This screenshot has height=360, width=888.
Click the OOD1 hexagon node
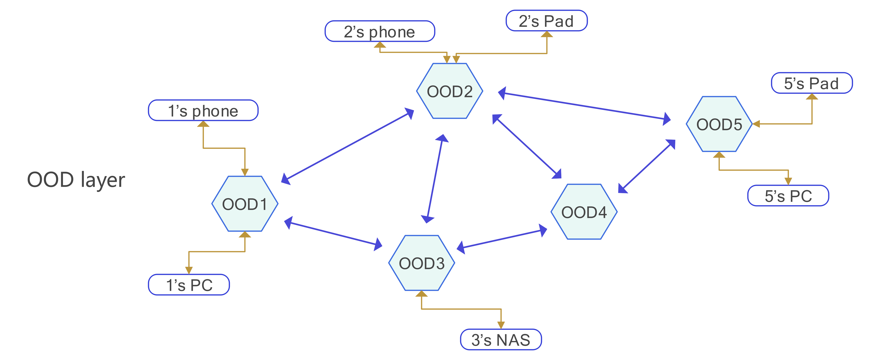245,204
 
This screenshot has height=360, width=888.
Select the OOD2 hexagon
450,91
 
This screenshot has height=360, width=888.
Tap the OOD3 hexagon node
422,263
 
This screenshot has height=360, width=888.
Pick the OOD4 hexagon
584,212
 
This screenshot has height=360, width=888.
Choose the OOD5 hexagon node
719,124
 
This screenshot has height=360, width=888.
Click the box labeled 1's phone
203,111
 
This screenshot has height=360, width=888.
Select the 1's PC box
189,285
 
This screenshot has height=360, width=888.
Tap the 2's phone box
379,31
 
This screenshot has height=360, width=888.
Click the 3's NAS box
501,340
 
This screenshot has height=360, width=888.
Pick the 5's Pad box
812,83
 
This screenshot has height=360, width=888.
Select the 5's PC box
788,196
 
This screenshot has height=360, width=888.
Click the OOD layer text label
76,180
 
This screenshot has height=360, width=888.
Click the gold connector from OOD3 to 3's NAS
462,309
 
